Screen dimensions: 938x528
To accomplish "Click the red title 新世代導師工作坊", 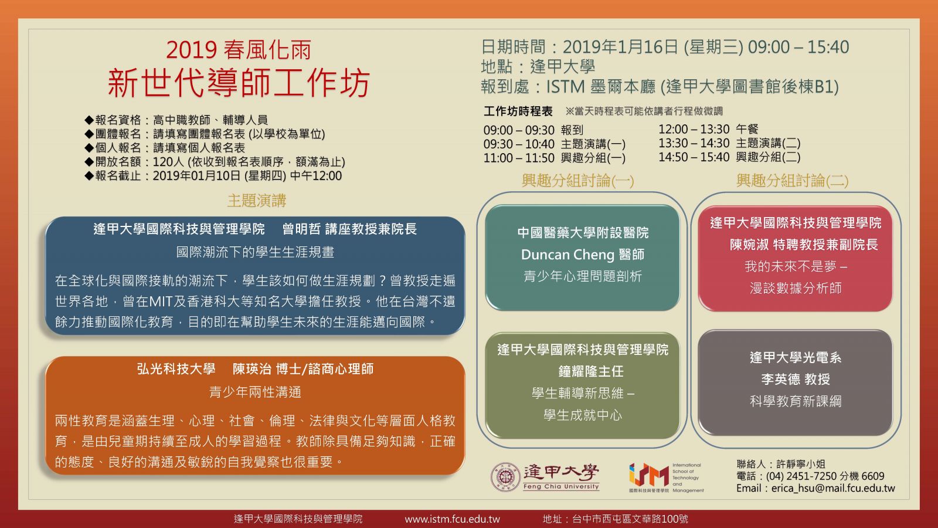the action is (x=239, y=83).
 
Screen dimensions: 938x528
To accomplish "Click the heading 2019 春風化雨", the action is (x=239, y=50).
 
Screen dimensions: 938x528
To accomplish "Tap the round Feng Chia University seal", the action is (x=505, y=477).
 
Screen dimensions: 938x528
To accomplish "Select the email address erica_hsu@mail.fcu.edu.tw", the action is (x=833, y=488).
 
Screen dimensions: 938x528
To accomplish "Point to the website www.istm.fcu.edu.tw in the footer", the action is (x=452, y=519).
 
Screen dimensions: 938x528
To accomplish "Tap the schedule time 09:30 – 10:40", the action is (x=519, y=144).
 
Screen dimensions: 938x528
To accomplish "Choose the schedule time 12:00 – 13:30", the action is (x=694, y=130).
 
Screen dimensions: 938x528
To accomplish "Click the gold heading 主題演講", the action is (x=257, y=201).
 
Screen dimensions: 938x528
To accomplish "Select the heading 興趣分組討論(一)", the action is (x=578, y=181).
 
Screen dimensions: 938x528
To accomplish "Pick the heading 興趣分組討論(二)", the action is (x=792, y=181).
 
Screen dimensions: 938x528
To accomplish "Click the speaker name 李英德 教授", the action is (x=796, y=379).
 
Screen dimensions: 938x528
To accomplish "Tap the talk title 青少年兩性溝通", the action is (x=255, y=392).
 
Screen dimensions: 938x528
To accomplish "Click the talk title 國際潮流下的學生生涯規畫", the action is (x=255, y=252).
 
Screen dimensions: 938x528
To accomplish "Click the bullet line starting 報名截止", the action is (x=213, y=175).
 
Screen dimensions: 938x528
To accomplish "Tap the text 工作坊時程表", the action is (x=518, y=111).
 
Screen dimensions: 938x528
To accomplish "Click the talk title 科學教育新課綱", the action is (x=796, y=401).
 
